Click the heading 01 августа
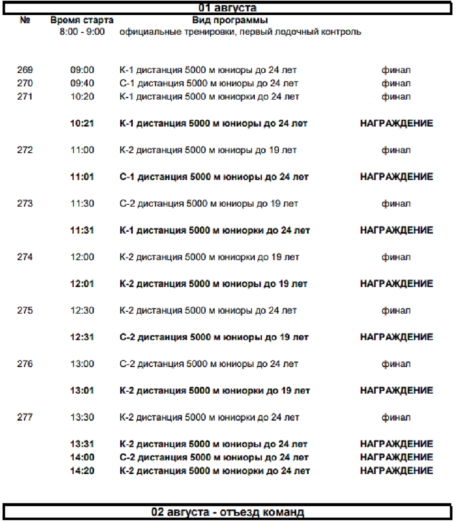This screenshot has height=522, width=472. (x=227, y=8)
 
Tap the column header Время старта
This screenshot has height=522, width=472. (x=77, y=20)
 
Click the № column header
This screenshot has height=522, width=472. (x=25, y=20)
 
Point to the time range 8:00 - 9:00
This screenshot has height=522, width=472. (x=78, y=31)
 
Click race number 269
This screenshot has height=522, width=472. (x=25, y=70)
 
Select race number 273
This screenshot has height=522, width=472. (x=25, y=203)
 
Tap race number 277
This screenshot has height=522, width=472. (x=25, y=417)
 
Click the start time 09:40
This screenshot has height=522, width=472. (x=82, y=83)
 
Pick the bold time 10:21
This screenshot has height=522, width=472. (x=82, y=123)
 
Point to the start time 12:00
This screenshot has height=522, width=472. (x=82, y=257)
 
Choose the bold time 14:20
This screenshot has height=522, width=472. (x=82, y=470)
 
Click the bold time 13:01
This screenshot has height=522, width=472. (x=82, y=391)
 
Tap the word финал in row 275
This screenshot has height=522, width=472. (x=396, y=310)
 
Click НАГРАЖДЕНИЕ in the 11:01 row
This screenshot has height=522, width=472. (x=396, y=177)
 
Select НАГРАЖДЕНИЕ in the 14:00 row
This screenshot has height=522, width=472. (x=396, y=457)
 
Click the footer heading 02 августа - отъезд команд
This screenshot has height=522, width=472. (x=227, y=512)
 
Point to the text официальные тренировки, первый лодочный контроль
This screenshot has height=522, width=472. (x=240, y=31)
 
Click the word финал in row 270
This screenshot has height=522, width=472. (x=396, y=83)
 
